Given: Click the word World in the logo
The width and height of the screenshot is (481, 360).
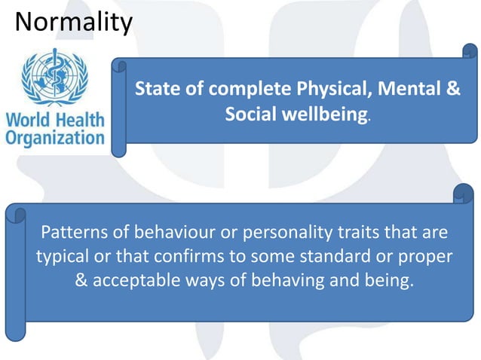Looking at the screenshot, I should [x=29, y=121].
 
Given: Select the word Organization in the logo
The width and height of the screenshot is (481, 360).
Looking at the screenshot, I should [x=55, y=138].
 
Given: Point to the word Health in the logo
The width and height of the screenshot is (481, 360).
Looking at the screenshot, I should [x=79, y=121].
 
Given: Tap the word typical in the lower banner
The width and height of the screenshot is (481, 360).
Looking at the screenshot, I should [x=62, y=256].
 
